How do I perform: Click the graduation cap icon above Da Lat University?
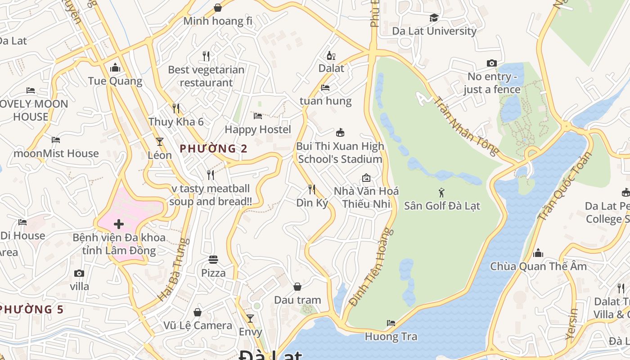click(434, 18)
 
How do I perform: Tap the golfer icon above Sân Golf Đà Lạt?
click(441, 193)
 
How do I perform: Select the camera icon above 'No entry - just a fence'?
click(492, 63)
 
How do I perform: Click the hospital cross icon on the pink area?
click(119, 224)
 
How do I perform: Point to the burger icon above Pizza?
click(213, 260)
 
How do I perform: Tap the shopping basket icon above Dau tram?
click(297, 287)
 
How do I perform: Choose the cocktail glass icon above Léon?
click(159, 141)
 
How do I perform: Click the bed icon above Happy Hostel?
click(258, 116)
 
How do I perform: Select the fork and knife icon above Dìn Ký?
click(311, 189)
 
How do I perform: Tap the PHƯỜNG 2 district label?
click(213, 148)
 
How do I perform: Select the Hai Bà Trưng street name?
click(171, 270)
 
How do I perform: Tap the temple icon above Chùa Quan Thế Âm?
click(538, 253)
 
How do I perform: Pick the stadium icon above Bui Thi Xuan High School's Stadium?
click(340, 133)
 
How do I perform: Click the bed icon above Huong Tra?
click(391, 323)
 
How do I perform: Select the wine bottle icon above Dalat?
click(331, 56)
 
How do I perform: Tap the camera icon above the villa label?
click(79, 273)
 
